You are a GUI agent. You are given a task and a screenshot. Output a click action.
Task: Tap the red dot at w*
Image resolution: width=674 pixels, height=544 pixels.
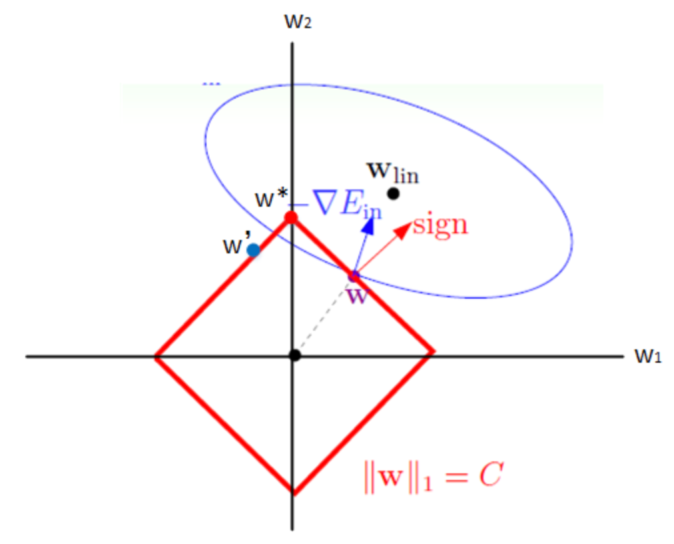[291, 217]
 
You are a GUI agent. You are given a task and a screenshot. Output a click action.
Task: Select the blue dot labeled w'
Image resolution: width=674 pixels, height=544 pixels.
[253, 250]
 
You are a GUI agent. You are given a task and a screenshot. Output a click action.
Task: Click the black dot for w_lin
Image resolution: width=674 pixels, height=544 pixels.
[393, 193]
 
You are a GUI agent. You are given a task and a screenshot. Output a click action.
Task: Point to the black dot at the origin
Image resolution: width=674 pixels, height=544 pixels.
[295, 355]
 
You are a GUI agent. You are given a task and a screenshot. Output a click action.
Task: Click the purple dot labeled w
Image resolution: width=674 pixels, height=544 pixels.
[354, 275]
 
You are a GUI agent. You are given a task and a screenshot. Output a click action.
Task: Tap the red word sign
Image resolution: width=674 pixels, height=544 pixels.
[440, 225]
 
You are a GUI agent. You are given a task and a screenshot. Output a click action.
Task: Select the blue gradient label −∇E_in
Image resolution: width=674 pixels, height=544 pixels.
[340, 205]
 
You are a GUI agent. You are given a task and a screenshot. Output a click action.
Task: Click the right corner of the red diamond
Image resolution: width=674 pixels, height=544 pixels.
[434, 351]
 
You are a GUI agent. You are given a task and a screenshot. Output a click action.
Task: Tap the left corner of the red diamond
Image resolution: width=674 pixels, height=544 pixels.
[156, 357]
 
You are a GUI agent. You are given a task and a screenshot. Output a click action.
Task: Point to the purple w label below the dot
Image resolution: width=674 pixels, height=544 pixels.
[358, 295]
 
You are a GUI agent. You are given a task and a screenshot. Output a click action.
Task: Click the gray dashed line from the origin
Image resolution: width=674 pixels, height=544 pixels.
[323, 317]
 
